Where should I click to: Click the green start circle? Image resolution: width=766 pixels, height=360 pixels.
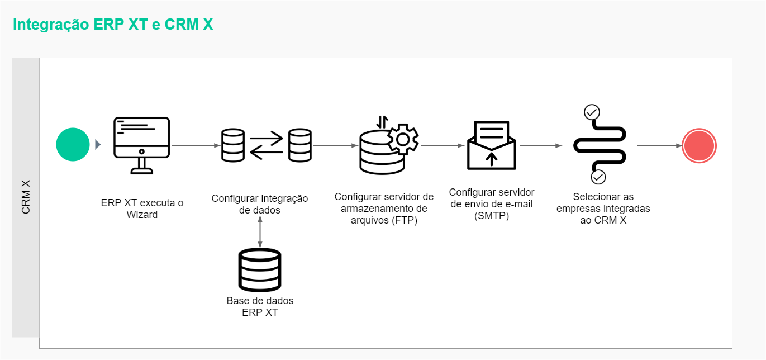coord(73,145)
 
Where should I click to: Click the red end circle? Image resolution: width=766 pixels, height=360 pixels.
coord(699,145)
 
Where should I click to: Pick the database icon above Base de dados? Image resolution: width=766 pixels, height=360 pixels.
coord(260,270)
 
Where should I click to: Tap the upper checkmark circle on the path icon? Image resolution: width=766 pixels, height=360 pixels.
coord(592,112)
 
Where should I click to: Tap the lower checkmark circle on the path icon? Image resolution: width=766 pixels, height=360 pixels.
coord(598,177)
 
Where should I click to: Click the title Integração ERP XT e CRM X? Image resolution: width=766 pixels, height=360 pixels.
coord(113,25)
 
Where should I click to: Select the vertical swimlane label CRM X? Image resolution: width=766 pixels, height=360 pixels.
coord(26,197)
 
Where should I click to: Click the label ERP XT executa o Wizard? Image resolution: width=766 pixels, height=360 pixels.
coord(142,208)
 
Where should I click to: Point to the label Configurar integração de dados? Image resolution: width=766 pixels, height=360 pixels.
coord(260,204)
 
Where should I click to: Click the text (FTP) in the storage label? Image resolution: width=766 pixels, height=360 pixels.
coord(403,220)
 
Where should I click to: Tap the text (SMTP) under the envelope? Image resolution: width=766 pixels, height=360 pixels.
coord(491,216)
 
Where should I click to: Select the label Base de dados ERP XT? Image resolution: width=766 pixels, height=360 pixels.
coord(260,306)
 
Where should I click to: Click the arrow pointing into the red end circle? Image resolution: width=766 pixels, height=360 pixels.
coord(660,146)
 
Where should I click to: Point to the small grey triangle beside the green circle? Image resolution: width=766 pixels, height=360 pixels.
coord(98,145)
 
